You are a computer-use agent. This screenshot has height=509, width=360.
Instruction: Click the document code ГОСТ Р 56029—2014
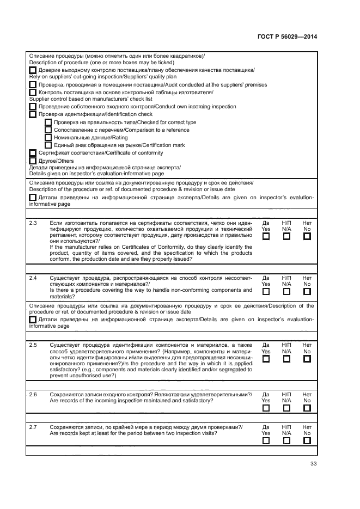(x=286, y=37)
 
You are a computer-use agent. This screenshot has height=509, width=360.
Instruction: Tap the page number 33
(x=313, y=464)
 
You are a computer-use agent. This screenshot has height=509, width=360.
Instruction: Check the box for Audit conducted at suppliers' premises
(x=33, y=85)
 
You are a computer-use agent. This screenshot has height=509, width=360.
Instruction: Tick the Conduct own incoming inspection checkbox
(x=33, y=107)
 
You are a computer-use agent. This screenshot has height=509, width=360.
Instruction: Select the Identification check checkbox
(x=33, y=115)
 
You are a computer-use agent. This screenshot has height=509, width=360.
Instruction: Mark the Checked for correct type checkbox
(x=48, y=122)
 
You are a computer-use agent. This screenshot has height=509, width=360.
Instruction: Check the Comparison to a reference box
(x=48, y=130)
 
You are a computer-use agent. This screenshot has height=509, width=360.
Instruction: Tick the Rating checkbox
(x=48, y=138)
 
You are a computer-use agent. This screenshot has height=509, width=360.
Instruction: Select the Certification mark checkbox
(x=48, y=145)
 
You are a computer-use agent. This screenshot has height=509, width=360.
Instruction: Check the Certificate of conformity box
(x=33, y=153)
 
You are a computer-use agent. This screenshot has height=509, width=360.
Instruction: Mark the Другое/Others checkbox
(x=33, y=161)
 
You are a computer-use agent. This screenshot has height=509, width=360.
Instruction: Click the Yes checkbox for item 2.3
(x=266, y=237)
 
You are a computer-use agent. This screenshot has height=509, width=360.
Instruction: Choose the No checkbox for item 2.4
(x=307, y=292)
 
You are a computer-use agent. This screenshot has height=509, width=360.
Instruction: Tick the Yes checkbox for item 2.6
(x=266, y=408)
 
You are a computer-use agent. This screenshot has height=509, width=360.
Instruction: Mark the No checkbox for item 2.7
(x=307, y=441)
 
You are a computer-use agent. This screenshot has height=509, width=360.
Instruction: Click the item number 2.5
(x=33, y=345)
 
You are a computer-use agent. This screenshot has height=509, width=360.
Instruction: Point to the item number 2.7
(x=33, y=427)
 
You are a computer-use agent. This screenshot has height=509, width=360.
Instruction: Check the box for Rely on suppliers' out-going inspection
(x=33, y=71)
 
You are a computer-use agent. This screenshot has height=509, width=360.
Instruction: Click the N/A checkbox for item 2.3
(x=286, y=237)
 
